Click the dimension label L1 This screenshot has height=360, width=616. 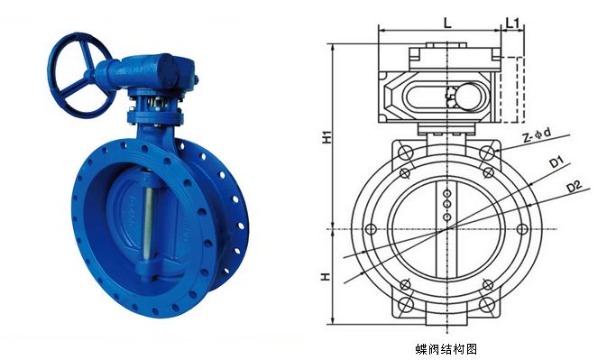tap(512, 23)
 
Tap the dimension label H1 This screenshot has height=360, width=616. tap(326, 137)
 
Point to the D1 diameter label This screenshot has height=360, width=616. tap(556, 162)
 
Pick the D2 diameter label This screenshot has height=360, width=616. tap(574, 187)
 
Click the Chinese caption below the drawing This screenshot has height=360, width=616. tap(446, 349)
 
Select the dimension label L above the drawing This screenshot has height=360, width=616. tap(447, 23)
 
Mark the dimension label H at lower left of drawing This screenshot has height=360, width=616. tap(326, 276)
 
